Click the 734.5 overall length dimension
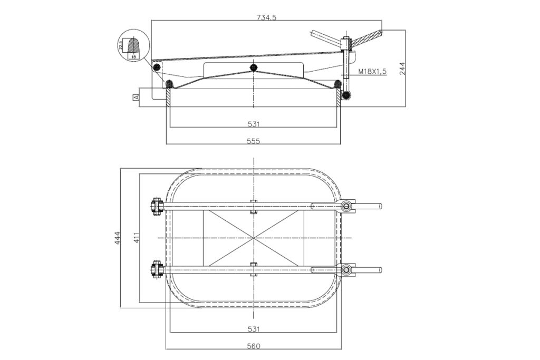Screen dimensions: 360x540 tap(266, 17)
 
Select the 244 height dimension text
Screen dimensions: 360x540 tap(403, 69)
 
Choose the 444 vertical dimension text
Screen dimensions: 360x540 tap(118, 238)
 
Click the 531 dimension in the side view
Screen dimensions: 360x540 tap(254, 124)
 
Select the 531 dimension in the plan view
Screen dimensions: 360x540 tap(254, 329)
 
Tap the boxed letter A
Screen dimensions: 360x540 tap(136, 98)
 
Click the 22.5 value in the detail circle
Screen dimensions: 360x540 tap(121, 45)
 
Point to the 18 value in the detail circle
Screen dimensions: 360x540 tap(133, 55)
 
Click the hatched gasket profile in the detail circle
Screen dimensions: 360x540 tap(133, 44)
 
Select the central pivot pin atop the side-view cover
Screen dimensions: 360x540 tap(254, 67)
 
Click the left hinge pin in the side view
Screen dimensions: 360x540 tap(156, 67)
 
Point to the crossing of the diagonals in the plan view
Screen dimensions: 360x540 tap(254, 238)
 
